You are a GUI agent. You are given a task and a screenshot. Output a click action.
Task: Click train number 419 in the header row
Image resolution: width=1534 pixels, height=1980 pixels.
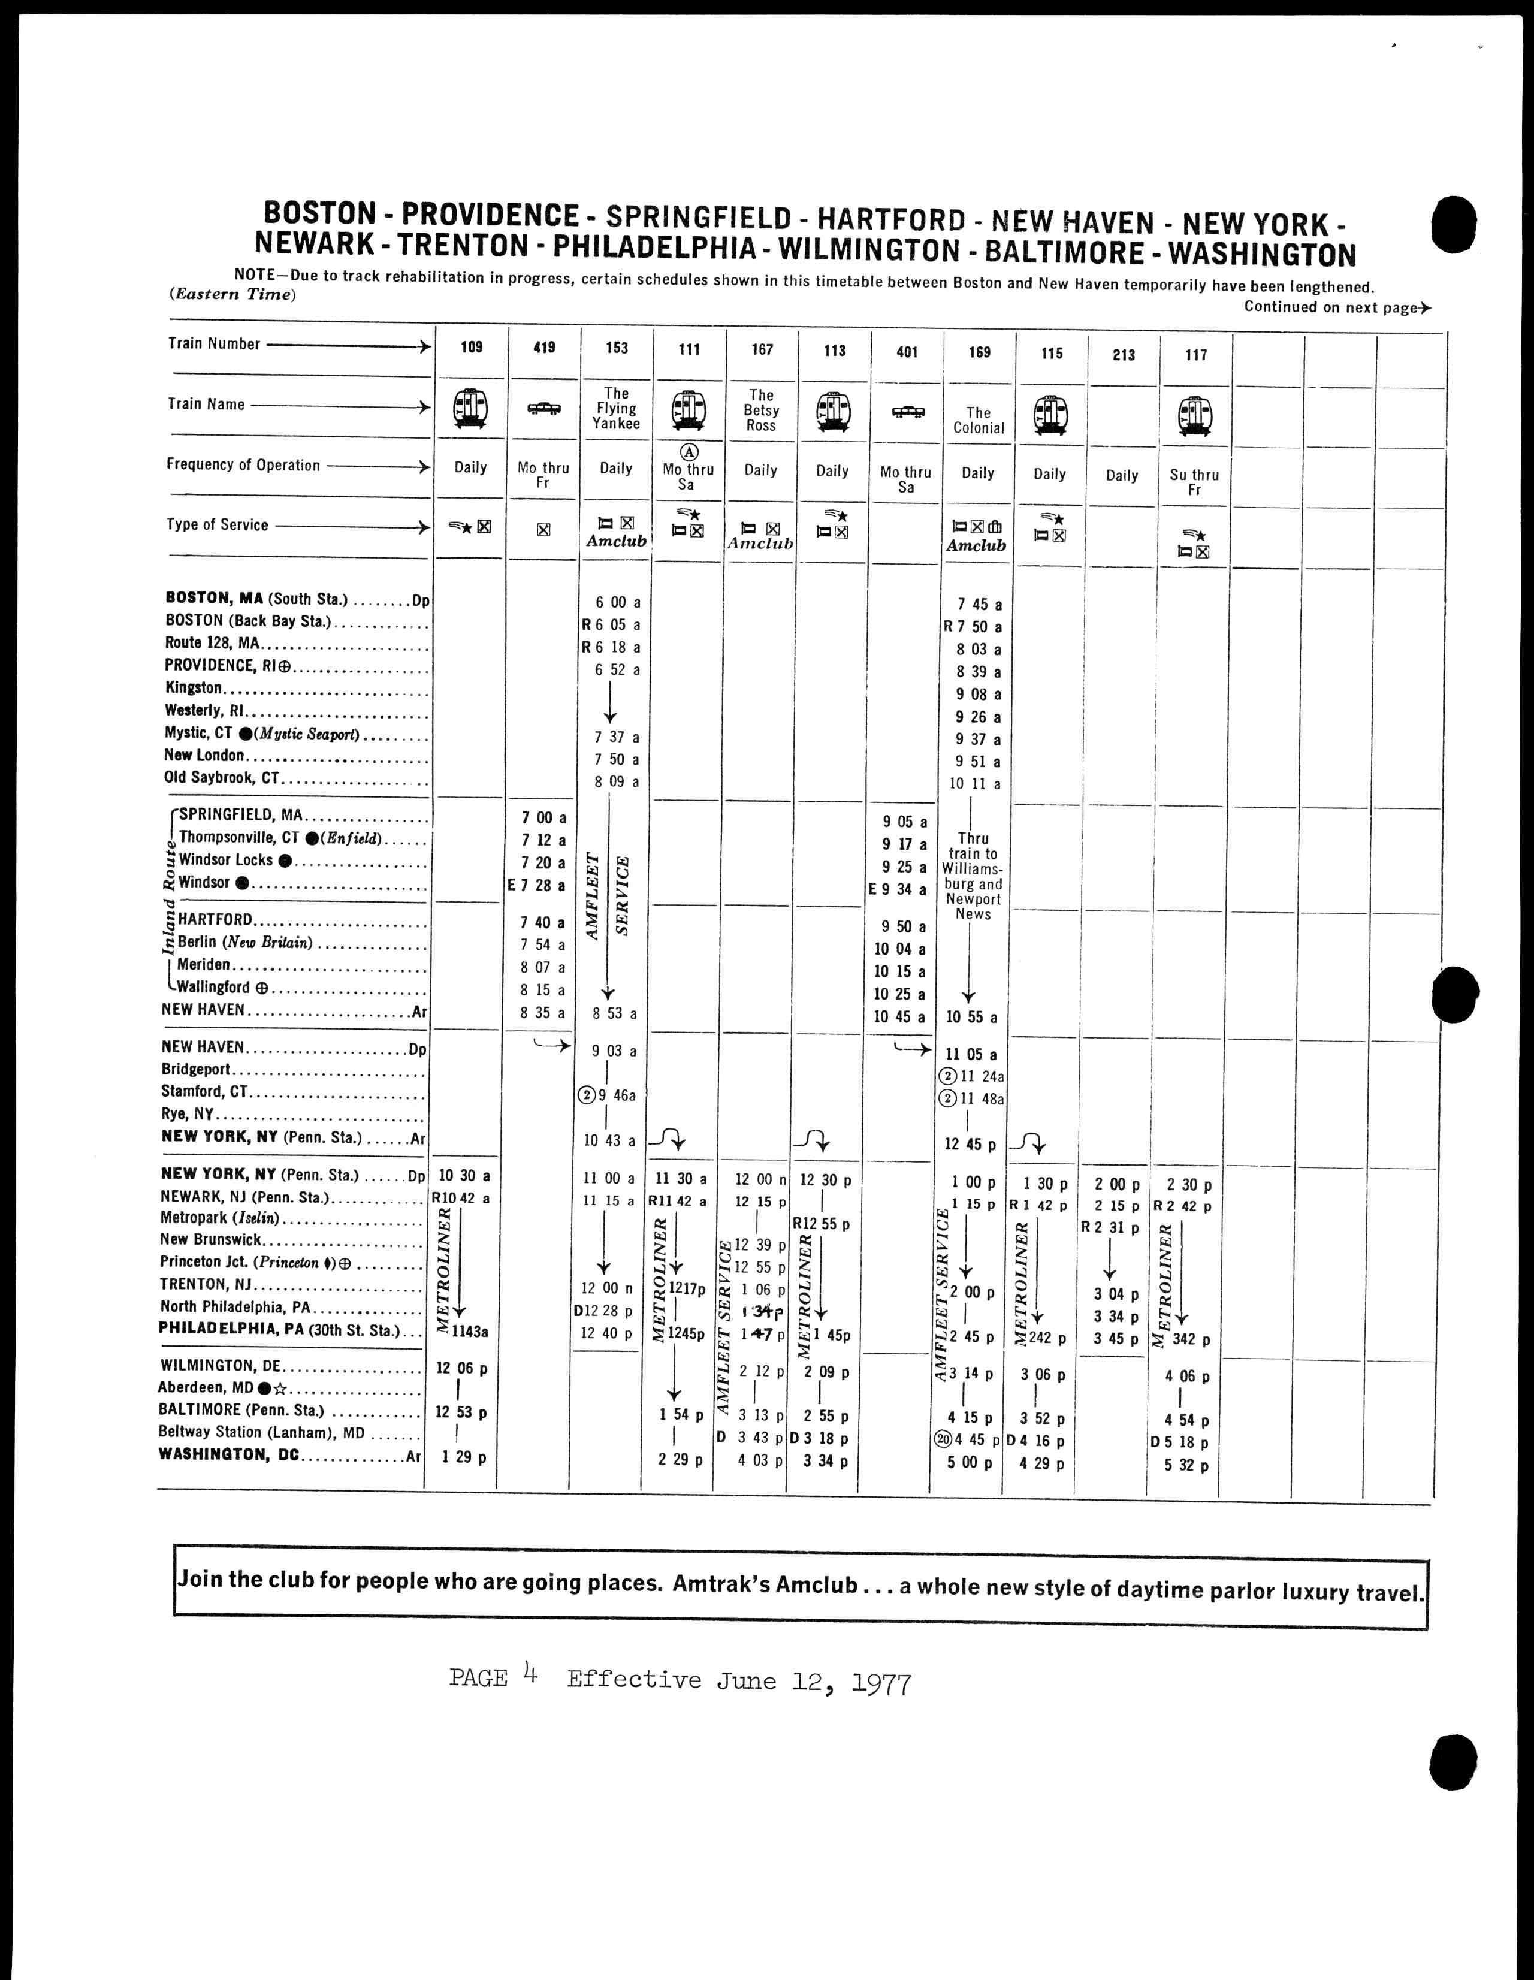pyautogui.click(x=544, y=347)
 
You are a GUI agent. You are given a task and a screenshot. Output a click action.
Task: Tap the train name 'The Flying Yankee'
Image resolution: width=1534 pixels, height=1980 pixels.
pyautogui.click(x=617, y=408)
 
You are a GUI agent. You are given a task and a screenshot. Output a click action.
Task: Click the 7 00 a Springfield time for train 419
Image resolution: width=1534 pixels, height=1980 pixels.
pyautogui.click(x=544, y=818)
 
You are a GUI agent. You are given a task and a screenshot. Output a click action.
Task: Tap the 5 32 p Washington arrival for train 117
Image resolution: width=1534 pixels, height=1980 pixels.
pyautogui.click(x=1187, y=1465)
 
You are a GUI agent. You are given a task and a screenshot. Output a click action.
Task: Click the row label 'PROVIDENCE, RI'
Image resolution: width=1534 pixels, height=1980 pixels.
pyautogui.click(x=227, y=665)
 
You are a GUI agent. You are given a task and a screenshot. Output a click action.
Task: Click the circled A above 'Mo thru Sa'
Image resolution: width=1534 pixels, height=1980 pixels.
pyautogui.click(x=689, y=451)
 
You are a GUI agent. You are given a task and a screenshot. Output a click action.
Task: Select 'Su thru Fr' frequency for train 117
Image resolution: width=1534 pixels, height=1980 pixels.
pyautogui.click(x=1194, y=481)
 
